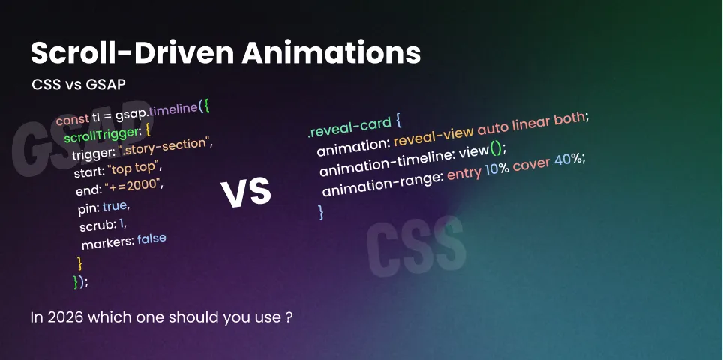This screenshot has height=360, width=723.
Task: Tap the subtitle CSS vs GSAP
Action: pos(78,85)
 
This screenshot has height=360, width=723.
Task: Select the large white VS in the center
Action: pos(246,193)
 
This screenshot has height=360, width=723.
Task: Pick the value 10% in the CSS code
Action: pos(496,172)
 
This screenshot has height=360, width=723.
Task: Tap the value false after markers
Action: pos(151,239)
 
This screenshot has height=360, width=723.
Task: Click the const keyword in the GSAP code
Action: pos(72,119)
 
